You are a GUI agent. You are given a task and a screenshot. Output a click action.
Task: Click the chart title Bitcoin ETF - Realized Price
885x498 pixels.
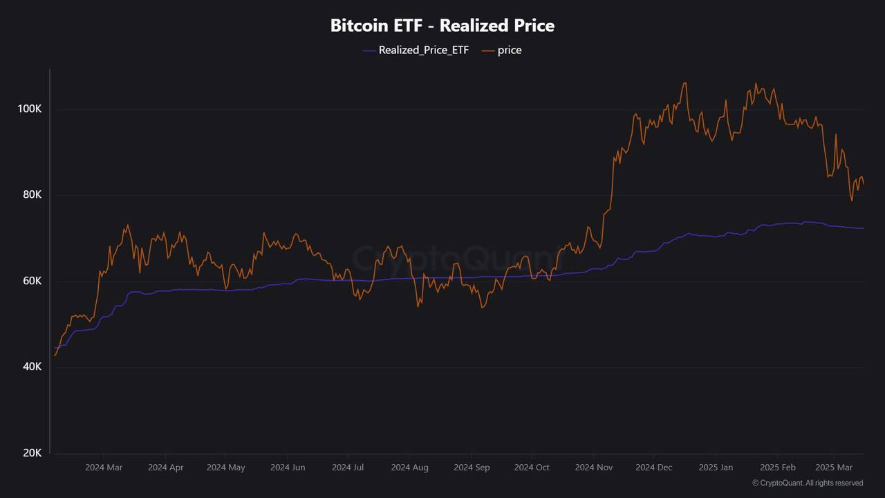pos(442,26)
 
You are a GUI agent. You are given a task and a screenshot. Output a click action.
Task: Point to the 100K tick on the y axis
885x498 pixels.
pos(30,109)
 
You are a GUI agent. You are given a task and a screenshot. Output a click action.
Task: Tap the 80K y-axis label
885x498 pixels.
pos(32,195)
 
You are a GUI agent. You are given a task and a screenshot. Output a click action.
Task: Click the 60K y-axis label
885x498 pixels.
pos(32,281)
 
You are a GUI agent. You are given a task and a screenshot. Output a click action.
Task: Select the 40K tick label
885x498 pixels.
pos(32,367)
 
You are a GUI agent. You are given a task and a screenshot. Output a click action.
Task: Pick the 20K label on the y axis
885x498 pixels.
pos(32,452)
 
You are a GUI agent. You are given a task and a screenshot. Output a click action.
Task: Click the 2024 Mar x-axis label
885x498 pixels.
pos(104,468)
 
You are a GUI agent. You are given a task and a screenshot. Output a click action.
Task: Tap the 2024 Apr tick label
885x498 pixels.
pos(166,468)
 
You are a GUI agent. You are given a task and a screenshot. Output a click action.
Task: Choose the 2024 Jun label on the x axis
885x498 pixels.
pos(288,468)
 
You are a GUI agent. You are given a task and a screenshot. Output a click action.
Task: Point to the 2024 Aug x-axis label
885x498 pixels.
pos(409,468)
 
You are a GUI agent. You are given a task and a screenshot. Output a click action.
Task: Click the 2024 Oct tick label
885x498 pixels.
pos(532,468)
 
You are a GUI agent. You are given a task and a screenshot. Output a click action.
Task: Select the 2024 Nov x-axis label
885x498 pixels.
pos(594,468)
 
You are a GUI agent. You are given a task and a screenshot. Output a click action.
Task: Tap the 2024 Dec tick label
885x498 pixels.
pos(653,468)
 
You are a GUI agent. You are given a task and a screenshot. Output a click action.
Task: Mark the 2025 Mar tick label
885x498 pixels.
pos(834,468)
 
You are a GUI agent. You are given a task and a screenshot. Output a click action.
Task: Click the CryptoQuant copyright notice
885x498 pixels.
pos(807,483)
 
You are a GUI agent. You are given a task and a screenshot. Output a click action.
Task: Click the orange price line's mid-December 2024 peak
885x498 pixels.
pos(684,83)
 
